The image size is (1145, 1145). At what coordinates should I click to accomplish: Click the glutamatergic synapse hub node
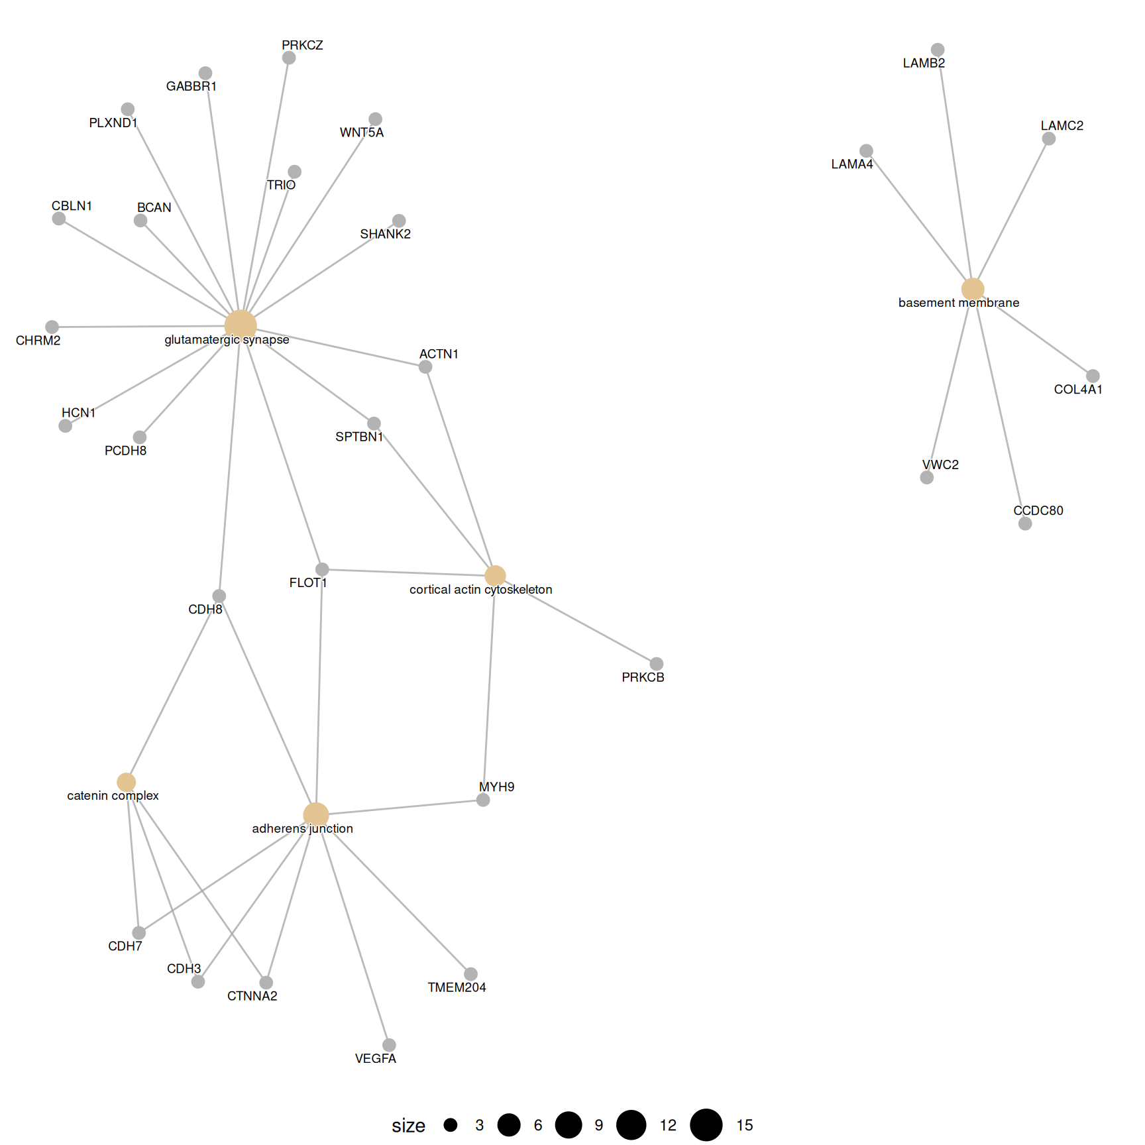tap(241, 325)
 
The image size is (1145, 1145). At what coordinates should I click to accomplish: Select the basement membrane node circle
tap(972, 289)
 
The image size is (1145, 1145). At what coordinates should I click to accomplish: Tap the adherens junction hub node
tap(316, 815)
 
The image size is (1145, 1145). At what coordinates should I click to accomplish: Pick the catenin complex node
tap(126, 782)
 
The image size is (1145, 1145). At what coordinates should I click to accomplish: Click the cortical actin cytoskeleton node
tap(495, 576)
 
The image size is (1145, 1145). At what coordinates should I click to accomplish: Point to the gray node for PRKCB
tap(656, 664)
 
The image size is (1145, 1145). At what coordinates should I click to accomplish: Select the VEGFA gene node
tap(389, 1045)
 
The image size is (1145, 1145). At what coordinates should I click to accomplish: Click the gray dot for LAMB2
tap(937, 50)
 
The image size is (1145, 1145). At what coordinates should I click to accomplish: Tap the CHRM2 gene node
tap(52, 327)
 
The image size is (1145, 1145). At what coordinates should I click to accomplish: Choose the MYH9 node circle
tap(483, 800)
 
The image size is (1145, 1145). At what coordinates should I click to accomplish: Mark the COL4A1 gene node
tap(1093, 376)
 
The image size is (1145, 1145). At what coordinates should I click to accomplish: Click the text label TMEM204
tap(457, 987)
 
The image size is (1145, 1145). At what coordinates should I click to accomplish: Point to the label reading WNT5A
tap(361, 133)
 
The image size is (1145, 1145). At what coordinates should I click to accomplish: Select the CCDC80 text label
tap(1038, 510)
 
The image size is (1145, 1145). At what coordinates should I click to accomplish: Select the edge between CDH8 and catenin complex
tap(172, 689)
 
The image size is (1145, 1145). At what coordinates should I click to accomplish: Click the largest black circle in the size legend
tap(706, 1125)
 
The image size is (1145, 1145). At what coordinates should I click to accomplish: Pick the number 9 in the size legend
tap(599, 1125)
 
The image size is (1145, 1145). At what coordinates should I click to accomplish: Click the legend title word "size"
tap(408, 1125)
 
